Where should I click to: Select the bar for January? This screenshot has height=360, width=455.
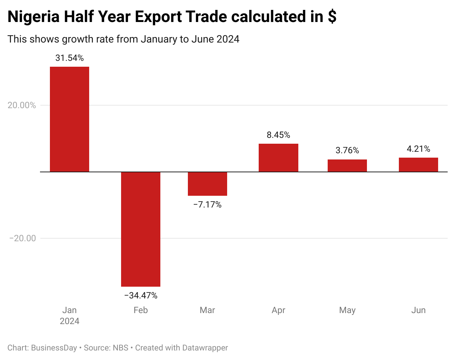coord(69,119)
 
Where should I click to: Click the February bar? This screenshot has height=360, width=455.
coord(141,229)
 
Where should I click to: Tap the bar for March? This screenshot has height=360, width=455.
coord(207,184)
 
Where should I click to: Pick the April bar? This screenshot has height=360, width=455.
coord(278,158)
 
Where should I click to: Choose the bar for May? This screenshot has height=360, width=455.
coord(347,166)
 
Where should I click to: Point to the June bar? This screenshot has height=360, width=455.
coord(418,165)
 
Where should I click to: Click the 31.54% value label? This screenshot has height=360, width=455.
coord(69,58)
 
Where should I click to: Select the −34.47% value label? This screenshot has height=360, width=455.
coord(141,295)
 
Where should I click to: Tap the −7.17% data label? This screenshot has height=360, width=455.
coord(207,205)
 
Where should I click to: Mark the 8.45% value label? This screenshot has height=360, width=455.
coord(278,135)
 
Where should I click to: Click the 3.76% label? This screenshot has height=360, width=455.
coord(347,150)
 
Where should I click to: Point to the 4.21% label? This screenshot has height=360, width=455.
coord(418,149)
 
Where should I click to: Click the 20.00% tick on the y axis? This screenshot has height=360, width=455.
coord(22,105)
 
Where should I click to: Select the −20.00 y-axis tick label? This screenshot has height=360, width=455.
coord(22,238)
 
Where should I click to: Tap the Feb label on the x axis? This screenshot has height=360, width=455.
coord(141,310)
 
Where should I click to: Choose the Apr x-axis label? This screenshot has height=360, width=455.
coord(278,310)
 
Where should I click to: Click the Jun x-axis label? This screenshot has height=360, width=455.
coord(418,310)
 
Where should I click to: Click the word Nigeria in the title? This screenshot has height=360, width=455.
coord(33,17)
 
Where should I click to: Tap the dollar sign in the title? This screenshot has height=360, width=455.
coord(332,17)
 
